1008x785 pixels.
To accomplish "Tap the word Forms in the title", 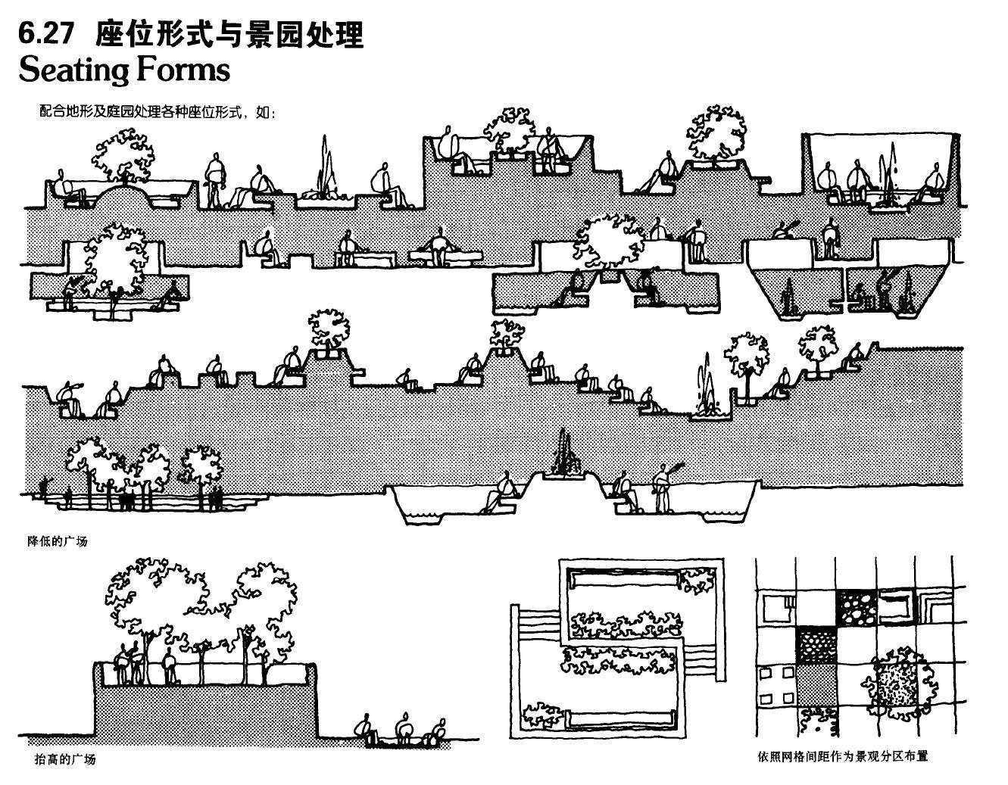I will (183, 70).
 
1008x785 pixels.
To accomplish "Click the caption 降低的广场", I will (58, 541).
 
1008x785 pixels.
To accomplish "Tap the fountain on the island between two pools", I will (563, 457).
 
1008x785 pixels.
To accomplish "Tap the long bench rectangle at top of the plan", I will (621, 581).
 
